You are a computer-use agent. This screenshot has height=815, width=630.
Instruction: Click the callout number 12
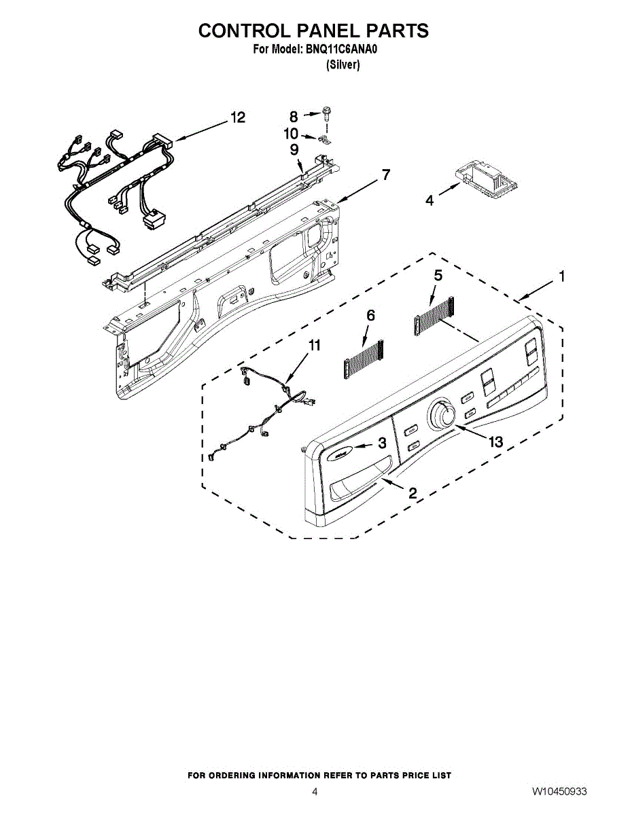pyautogui.click(x=237, y=117)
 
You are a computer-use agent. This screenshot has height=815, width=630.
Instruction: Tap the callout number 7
pyautogui.click(x=385, y=175)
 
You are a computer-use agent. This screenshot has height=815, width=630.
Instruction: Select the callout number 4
pyautogui.click(x=430, y=201)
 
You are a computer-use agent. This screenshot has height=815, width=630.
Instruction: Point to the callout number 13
pyautogui.click(x=495, y=442)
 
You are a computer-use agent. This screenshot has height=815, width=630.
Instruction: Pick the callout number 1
pyautogui.click(x=562, y=276)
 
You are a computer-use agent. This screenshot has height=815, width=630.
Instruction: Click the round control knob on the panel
pyautogui.click(x=443, y=414)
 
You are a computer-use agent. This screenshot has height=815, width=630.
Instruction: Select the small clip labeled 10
pyautogui.click(x=324, y=141)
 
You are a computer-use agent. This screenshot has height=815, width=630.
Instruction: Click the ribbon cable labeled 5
pyautogui.click(x=434, y=319)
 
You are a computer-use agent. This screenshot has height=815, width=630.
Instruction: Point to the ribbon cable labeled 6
pyautogui.click(x=364, y=358)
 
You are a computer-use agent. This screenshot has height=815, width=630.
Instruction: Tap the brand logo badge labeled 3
pyautogui.click(x=341, y=449)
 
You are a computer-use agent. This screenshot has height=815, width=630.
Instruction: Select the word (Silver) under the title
pyautogui.click(x=343, y=65)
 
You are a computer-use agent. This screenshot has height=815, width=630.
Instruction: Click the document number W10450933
pyautogui.click(x=559, y=792)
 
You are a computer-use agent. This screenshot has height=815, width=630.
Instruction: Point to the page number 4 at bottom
pyautogui.click(x=315, y=792)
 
